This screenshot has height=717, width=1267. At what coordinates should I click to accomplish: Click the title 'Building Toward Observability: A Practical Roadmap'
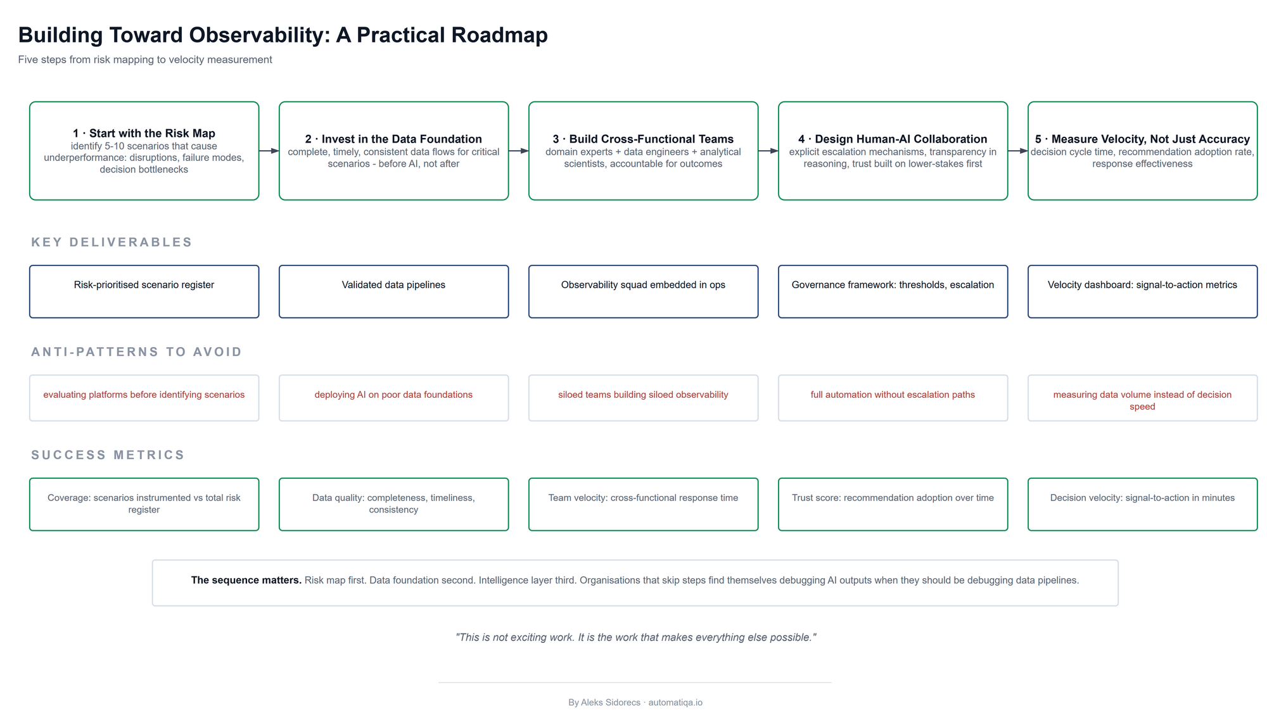[283, 35]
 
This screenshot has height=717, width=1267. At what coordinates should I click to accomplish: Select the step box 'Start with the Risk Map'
[144, 151]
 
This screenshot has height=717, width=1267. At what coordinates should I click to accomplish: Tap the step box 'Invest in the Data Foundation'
[393, 151]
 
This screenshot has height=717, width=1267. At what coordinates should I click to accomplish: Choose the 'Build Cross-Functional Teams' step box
[643, 151]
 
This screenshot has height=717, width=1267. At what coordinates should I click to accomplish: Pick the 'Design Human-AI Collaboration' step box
[893, 151]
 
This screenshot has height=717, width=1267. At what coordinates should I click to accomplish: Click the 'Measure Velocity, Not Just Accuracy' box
[1142, 151]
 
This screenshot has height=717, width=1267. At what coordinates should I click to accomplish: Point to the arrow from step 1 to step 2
[269, 151]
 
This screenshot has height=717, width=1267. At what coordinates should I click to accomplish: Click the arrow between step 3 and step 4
[768, 151]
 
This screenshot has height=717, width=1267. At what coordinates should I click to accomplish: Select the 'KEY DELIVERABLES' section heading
[111, 242]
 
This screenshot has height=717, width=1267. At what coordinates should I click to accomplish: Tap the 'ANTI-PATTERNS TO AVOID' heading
[136, 352]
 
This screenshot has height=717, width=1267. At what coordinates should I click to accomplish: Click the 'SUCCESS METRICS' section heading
[108, 455]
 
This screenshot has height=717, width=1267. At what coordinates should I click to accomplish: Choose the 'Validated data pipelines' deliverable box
[393, 291]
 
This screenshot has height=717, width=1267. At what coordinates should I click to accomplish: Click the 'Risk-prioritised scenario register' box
[144, 291]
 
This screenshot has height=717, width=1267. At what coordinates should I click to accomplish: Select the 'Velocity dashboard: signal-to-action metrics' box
[1142, 291]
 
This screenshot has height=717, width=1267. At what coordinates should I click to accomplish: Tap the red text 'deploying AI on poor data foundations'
[393, 395]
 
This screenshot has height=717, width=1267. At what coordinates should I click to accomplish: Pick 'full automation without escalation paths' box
[893, 398]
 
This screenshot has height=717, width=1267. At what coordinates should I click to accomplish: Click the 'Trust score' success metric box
[893, 504]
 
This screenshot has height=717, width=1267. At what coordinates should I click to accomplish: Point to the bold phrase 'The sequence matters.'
[246, 580]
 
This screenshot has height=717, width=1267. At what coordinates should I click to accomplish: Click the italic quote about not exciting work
[635, 637]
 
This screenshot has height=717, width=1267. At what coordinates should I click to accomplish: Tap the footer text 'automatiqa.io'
[675, 702]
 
